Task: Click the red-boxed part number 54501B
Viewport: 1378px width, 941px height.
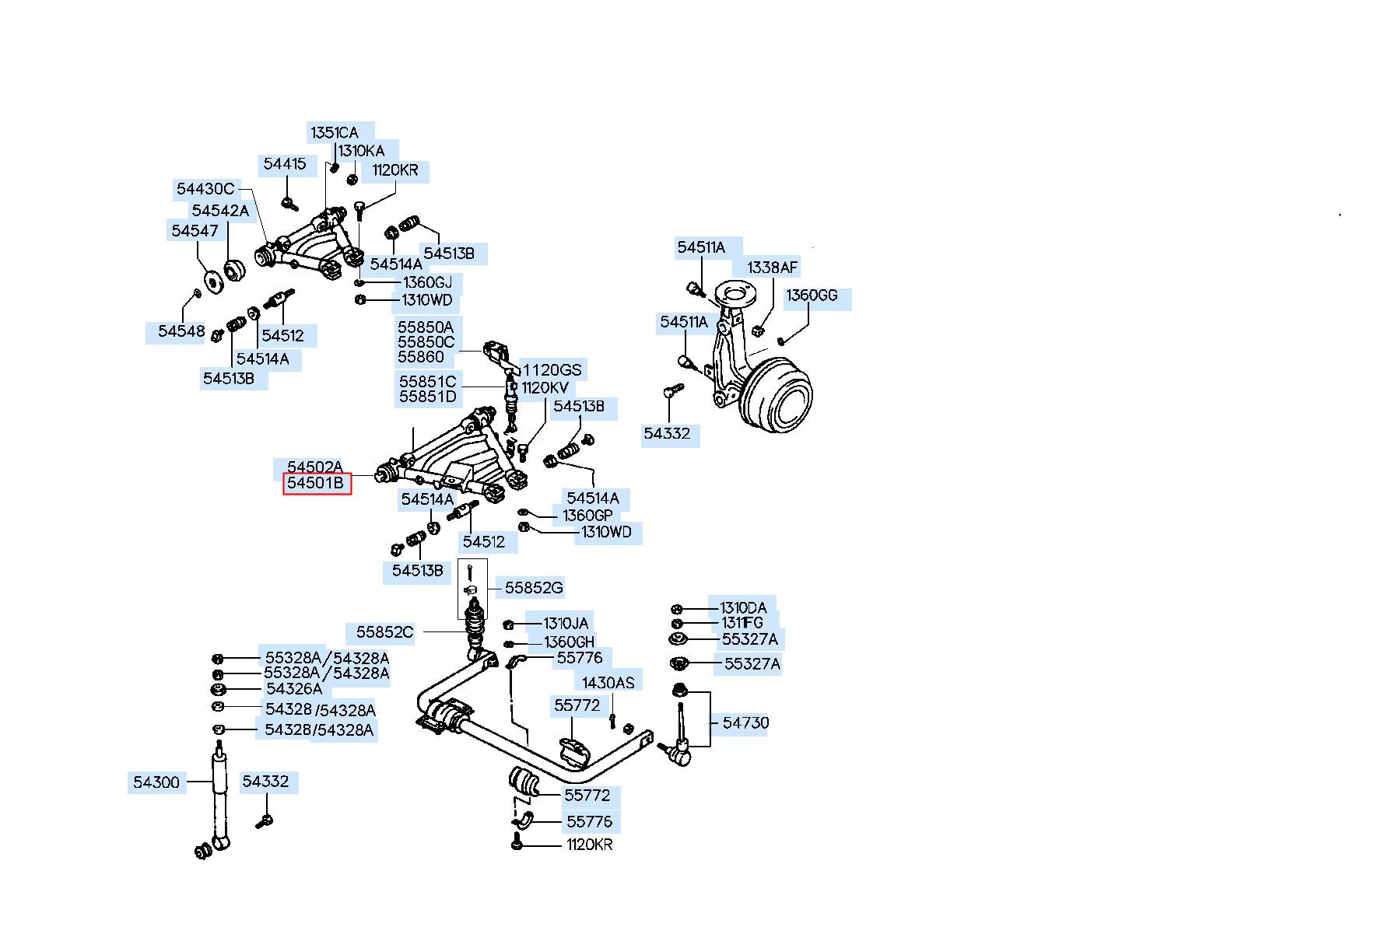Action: (315, 483)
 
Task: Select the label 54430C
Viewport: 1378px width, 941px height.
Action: (205, 188)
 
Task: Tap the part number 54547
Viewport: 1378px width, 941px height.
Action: (195, 230)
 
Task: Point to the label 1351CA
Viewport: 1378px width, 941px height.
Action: (335, 132)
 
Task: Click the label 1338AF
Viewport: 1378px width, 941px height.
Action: (773, 268)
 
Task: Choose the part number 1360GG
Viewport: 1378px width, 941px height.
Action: (812, 296)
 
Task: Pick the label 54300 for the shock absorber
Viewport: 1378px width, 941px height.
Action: (156, 782)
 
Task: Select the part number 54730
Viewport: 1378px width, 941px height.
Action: (745, 722)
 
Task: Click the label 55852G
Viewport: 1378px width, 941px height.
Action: (534, 588)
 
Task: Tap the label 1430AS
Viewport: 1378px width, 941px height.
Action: (608, 683)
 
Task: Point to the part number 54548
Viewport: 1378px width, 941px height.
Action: (181, 331)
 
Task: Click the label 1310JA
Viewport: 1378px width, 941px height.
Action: (566, 623)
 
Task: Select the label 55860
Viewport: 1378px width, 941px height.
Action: (421, 357)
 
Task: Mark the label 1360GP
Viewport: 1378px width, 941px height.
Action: (587, 516)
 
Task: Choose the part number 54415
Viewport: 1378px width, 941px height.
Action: (285, 164)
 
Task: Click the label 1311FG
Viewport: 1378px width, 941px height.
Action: (742, 623)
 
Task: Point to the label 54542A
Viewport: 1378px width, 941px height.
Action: (220, 211)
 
